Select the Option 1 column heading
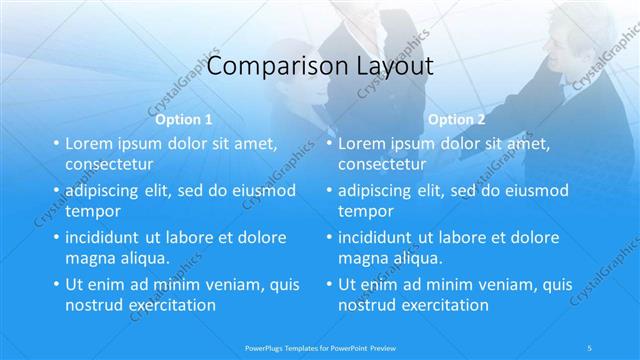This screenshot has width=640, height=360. (184, 120)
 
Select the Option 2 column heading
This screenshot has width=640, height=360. (456, 120)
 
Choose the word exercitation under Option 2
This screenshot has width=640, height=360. (441, 305)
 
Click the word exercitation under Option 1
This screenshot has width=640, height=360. (167, 305)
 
